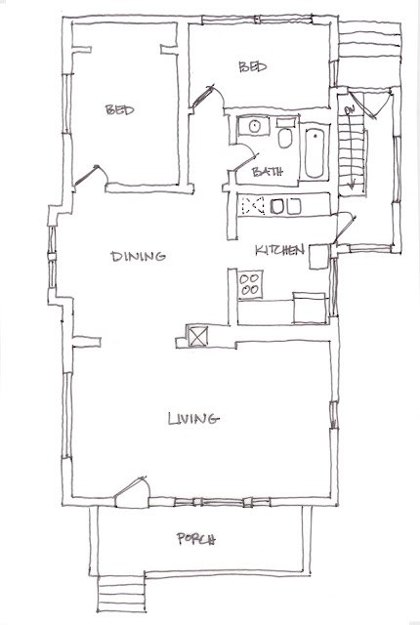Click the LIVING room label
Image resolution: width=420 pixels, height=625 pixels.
click(x=193, y=419)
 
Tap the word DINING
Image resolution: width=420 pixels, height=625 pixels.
click(x=138, y=256)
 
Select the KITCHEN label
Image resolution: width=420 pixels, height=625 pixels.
click(x=279, y=250)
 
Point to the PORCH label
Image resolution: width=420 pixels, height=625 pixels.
click(x=196, y=539)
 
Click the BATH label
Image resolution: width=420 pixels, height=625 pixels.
click(x=268, y=172)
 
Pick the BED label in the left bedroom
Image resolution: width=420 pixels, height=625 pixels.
click(x=119, y=109)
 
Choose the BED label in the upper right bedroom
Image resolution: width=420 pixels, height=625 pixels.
click(x=253, y=66)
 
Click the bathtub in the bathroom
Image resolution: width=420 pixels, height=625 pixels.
click(x=315, y=152)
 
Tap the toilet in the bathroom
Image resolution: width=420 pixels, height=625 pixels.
click(x=284, y=134)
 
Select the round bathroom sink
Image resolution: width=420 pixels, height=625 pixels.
click(x=254, y=126)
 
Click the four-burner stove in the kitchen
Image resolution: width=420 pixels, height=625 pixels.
click(x=250, y=284)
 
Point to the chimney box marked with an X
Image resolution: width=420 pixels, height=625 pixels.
click(x=197, y=336)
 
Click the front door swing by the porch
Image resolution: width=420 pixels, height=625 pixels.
click(x=133, y=492)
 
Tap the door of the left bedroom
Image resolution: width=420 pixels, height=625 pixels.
click(x=91, y=176)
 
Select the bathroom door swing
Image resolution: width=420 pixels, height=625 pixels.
click(x=244, y=157)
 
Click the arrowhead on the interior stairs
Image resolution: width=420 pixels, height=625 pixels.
click(x=352, y=185)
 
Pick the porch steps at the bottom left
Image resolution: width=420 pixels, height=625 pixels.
click(x=121, y=594)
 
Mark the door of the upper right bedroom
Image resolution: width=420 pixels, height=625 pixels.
click(x=207, y=96)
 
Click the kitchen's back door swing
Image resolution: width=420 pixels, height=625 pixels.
click(x=344, y=228)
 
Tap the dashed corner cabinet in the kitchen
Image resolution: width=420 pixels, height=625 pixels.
click(x=253, y=205)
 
